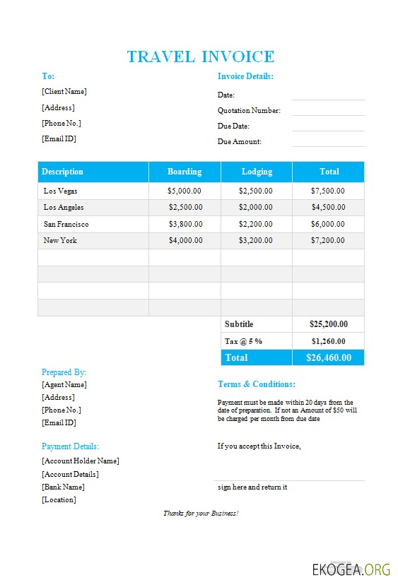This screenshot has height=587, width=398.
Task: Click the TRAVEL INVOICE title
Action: point(200,57)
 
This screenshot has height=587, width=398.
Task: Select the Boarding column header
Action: point(185,172)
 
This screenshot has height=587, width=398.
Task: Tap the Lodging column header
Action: point(257,172)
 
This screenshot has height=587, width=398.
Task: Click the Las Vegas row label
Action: point(61,191)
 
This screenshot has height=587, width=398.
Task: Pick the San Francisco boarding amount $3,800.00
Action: point(185,224)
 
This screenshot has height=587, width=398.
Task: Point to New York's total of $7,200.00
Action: point(328,240)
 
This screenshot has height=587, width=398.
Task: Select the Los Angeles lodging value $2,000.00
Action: point(256,207)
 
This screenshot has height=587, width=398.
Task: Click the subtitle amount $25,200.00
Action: point(328,324)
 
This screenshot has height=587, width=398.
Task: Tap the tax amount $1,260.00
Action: point(328,341)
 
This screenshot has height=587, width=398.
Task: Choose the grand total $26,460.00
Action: point(328,357)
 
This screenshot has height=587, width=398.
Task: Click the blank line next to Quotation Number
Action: point(328,110)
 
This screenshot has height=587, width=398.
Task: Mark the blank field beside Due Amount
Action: point(328,141)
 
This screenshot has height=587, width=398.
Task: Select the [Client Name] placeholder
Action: point(64,91)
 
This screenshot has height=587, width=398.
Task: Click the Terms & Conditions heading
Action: point(257,384)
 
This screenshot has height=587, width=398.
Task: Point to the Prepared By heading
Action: point(64,372)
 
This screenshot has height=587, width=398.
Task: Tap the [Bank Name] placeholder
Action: point(63,487)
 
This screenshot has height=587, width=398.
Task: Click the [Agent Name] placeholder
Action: point(64,384)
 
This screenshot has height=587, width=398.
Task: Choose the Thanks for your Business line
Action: point(201,513)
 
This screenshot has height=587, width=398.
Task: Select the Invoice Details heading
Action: point(245,76)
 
